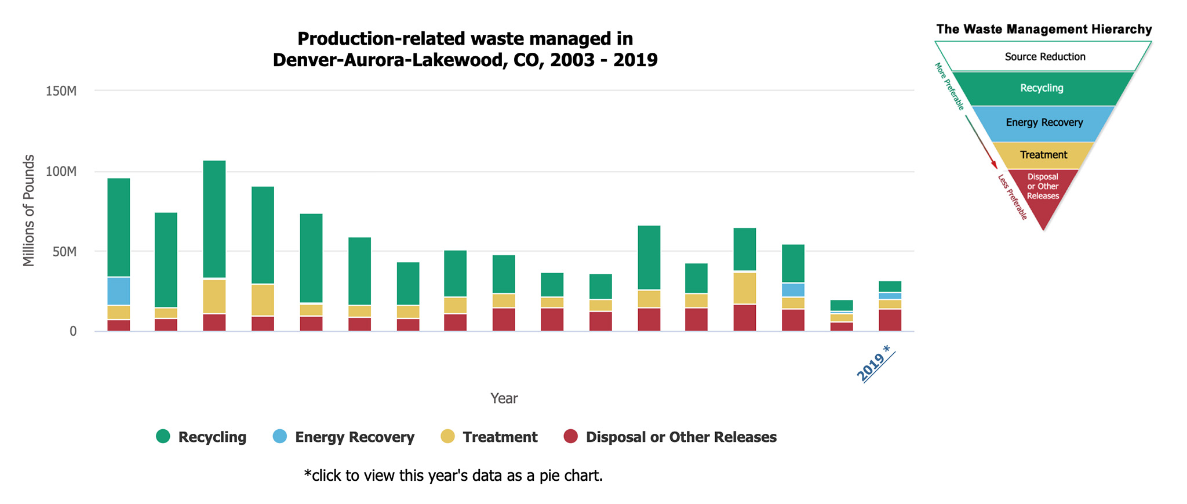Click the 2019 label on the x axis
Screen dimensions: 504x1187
coord(874,364)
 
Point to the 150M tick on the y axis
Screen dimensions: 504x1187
coord(61,91)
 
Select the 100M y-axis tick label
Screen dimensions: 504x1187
coord(61,172)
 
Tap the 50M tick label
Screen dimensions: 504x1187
coord(64,252)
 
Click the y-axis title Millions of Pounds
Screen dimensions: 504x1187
coord(29,211)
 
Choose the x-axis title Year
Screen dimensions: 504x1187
coord(504,398)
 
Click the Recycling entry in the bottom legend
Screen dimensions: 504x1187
coord(202,437)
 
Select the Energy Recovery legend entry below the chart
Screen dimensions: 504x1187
coord(344,437)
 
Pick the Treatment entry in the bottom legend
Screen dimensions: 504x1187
coord(489,437)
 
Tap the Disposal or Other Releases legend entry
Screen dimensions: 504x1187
coord(671,437)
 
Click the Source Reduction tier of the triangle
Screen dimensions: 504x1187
coord(1044,57)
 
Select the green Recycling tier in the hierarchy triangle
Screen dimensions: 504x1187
coord(1042,88)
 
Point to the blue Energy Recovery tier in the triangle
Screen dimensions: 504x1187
coord(1044,123)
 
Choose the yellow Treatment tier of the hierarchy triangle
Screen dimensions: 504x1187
coord(1043,155)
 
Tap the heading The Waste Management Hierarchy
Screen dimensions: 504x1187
coord(1044,29)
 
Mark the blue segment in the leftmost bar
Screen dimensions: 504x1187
coord(119,291)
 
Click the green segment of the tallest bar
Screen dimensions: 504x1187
coord(214,219)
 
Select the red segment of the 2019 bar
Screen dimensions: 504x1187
coord(890,320)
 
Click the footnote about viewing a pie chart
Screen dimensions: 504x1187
coord(453,476)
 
